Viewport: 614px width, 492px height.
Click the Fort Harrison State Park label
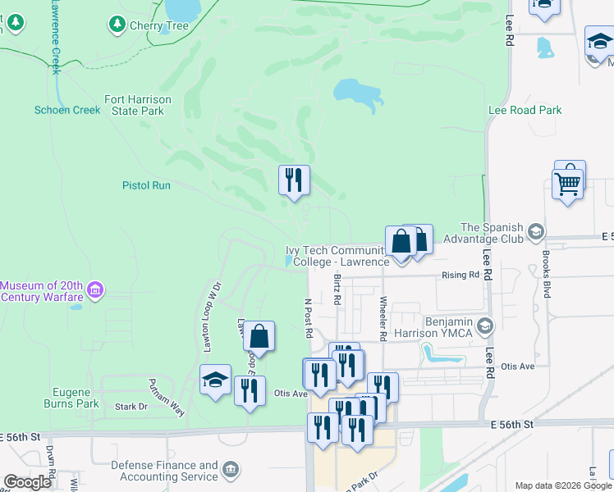[x=138, y=105]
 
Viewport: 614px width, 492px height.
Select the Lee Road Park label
[x=525, y=110]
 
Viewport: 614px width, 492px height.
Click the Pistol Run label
[x=146, y=185]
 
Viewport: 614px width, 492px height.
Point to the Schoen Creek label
[x=66, y=110]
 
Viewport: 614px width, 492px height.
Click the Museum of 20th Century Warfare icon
[x=96, y=289]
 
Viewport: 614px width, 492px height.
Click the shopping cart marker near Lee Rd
[x=567, y=182]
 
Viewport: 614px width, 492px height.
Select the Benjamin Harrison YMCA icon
[x=484, y=327]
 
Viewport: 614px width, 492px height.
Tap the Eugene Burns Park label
[x=76, y=398]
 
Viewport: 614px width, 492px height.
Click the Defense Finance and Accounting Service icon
[x=231, y=471]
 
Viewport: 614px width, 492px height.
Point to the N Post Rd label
[x=309, y=318]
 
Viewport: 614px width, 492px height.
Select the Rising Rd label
[x=460, y=275]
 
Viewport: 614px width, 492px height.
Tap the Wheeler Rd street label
[x=383, y=318]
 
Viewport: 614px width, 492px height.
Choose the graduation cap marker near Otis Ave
[x=215, y=380]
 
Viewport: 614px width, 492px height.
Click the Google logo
[x=28, y=482]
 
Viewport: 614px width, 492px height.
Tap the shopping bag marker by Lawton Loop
[x=259, y=336]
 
